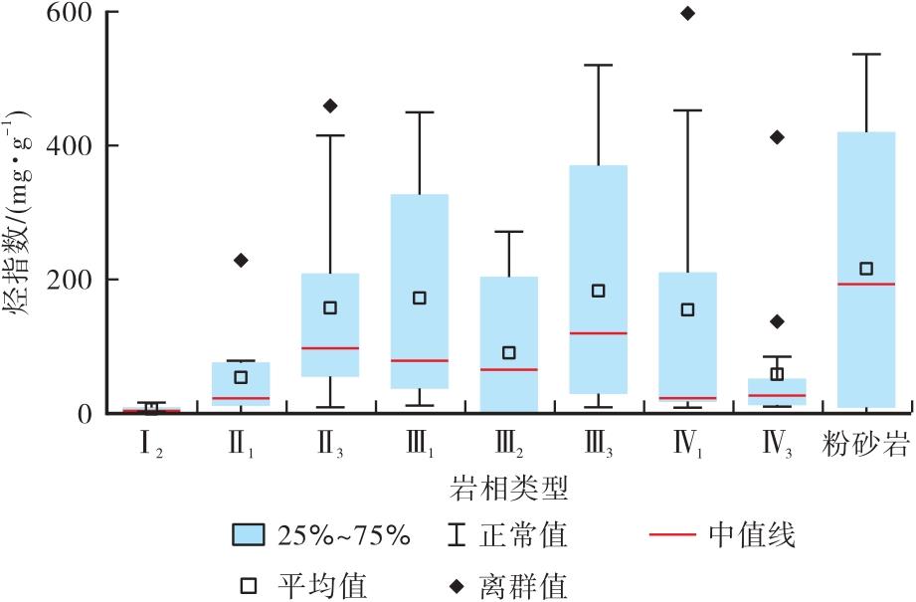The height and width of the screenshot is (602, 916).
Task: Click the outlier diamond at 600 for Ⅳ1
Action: (687, 13)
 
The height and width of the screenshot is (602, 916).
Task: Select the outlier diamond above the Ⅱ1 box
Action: (241, 260)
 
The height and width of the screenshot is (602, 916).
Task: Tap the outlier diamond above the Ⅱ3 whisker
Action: (330, 105)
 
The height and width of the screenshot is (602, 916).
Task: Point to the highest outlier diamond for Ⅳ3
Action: (777, 137)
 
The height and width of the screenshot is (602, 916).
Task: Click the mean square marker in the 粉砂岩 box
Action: (866, 269)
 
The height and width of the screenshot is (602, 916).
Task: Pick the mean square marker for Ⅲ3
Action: (599, 291)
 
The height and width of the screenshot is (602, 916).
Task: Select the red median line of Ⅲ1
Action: (420, 360)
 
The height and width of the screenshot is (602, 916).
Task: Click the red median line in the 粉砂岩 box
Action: (866, 285)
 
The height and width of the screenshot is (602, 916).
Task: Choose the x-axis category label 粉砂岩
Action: (866, 441)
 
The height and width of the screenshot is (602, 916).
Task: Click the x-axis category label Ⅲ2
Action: (509, 441)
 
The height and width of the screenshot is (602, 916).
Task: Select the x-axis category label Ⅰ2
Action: (151, 441)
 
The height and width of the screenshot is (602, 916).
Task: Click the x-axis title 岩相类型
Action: (508, 488)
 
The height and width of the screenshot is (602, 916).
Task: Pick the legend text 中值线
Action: (752, 536)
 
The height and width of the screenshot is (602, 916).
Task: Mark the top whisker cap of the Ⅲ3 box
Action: (599, 66)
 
